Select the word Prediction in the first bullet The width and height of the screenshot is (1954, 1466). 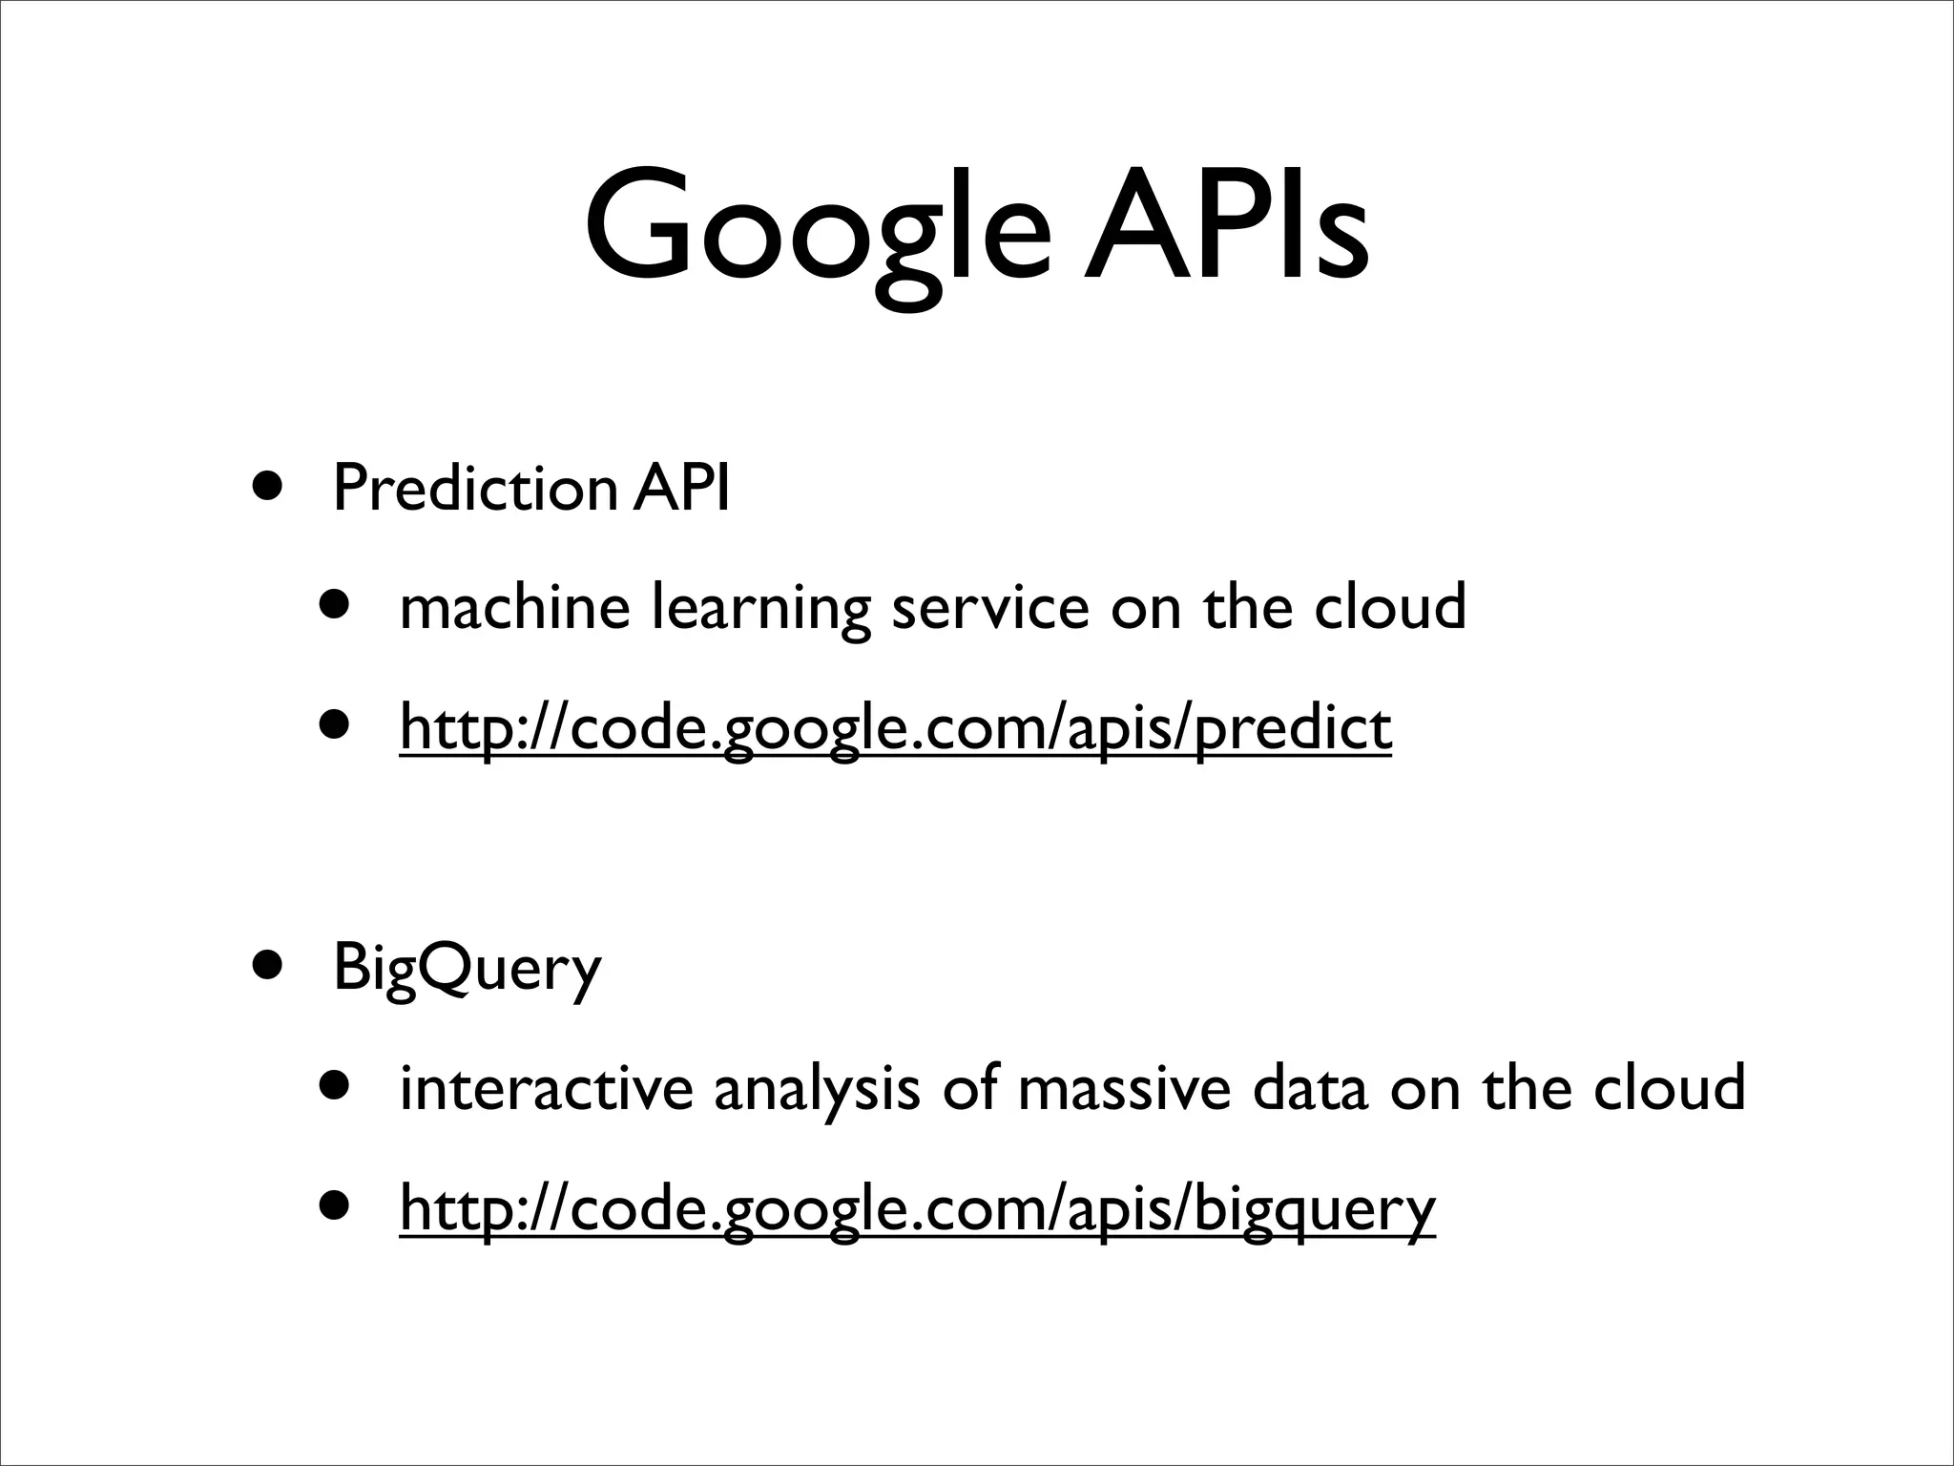point(474,488)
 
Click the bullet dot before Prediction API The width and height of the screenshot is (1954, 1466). point(268,485)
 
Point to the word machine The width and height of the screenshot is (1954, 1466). point(514,607)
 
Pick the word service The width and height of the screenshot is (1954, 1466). point(989,607)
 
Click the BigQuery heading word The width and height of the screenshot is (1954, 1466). point(467,968)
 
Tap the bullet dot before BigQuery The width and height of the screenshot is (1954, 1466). point(268,964)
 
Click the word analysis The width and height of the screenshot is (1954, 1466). point(817,1088)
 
